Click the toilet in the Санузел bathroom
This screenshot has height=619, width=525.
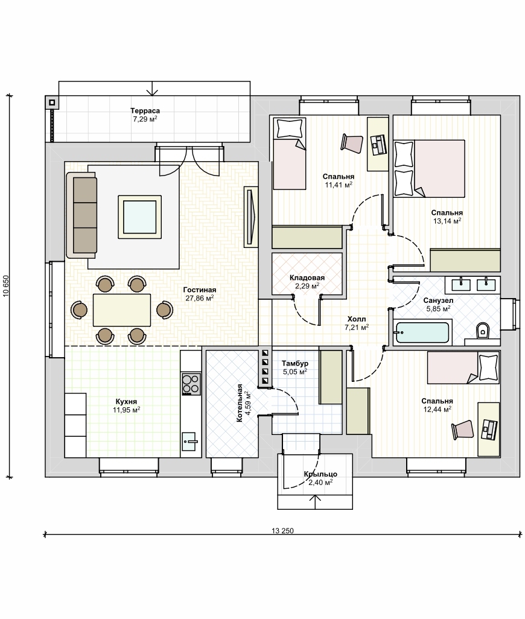point(482,331)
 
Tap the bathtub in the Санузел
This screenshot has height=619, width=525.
point(422,332)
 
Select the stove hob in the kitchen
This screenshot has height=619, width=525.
point(191,384)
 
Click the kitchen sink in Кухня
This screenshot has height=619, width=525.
point(189,442)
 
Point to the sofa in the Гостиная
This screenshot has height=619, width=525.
point(81,215)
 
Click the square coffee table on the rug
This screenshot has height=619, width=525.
point(140,217)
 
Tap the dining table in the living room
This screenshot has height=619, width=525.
point(122,310)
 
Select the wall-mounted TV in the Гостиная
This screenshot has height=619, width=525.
point(249,217)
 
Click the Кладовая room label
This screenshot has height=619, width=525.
point(307,278)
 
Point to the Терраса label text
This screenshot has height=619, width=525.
point(145,111)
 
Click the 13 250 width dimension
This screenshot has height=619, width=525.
point(282,530)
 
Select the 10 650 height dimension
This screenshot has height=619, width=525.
point(6,286)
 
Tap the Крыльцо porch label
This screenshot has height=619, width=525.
point(320,474)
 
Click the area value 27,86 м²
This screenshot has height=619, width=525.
point(200,298)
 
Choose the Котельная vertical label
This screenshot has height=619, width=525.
point(240,403)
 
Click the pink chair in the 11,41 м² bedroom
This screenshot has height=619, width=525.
point(352,144)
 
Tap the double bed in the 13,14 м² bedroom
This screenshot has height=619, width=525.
point(430,168)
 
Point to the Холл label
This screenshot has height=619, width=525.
point(357,319)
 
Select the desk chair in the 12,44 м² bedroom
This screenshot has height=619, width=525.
point(463,430)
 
